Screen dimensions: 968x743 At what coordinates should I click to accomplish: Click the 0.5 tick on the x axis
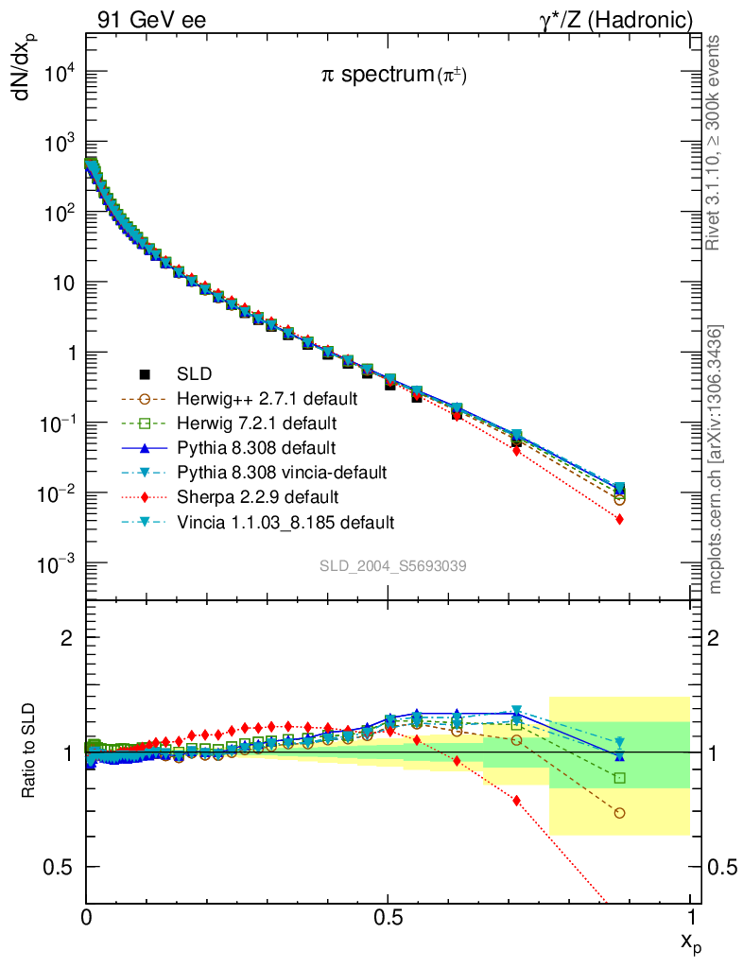pos(388,917)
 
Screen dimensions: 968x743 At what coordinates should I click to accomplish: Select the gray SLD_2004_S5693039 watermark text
pos(392,566)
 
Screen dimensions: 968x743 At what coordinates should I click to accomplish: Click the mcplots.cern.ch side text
pos(716,459)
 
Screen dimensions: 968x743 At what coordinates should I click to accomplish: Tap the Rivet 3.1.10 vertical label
pos(715,143)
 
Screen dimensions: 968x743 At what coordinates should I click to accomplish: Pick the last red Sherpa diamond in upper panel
pos(619,519)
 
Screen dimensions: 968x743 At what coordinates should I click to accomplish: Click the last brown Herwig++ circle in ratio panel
pos(619,813)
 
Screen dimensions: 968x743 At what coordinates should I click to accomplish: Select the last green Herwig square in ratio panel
pos(619,778)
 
